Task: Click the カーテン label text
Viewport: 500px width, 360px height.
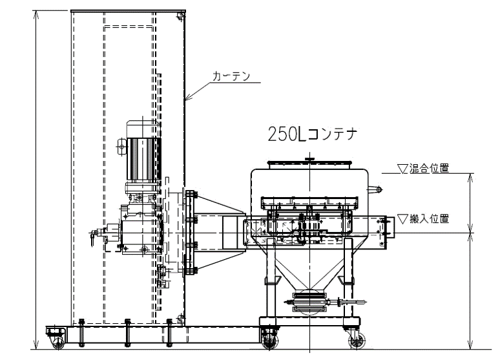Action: point(231,76)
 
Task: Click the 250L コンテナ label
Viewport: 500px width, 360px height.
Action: point(313,134)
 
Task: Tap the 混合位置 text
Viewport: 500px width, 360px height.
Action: point(430,168)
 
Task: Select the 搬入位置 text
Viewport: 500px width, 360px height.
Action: point(430,219)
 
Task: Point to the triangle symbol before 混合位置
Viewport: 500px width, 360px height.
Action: point(402,169)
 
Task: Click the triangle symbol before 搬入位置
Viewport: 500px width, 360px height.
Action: point(402,219)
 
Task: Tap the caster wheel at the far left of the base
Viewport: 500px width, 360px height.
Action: point(58,343)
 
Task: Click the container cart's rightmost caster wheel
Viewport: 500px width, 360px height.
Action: point(357,341)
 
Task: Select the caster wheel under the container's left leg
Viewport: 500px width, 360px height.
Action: point(270,341)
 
